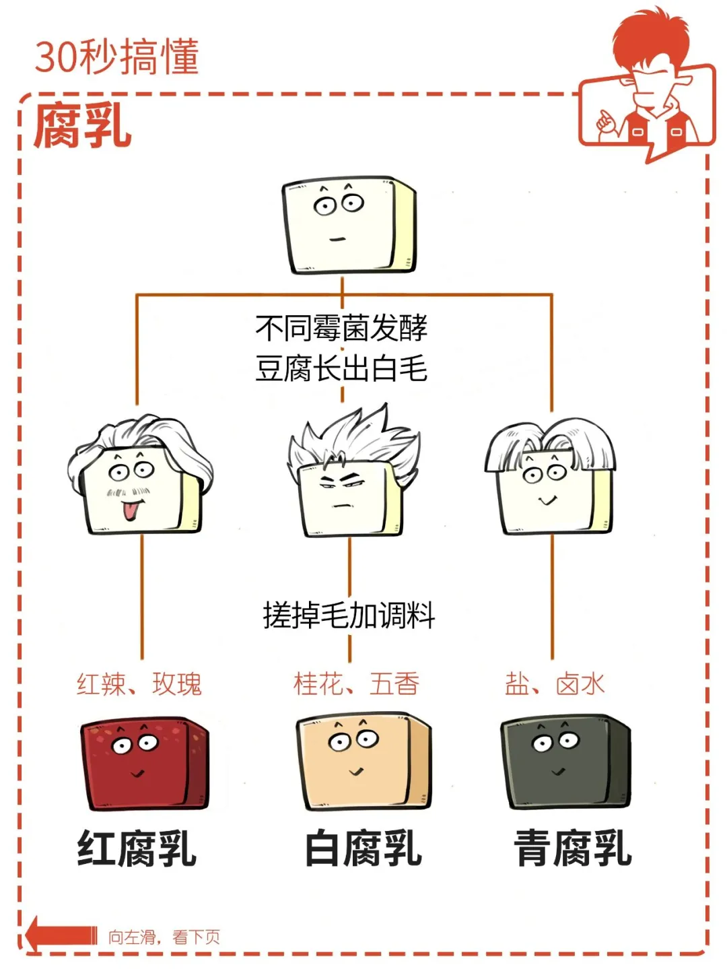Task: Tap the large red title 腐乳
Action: (82, 126)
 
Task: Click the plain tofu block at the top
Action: (349, 226)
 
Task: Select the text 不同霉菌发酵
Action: (341, 328)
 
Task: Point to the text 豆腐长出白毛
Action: (341, 368)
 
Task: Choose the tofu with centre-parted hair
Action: (551, 481)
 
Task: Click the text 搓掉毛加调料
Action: (349, 615)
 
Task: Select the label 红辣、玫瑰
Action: (139, 684)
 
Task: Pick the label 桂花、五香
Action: (356, 684)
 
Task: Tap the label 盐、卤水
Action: (555, 684)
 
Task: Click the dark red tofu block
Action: (144, 764)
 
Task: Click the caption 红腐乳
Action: (137, 848)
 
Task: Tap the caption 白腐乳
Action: (363, 848)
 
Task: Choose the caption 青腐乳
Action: (573, 848)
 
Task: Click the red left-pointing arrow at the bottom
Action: (61, 935)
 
